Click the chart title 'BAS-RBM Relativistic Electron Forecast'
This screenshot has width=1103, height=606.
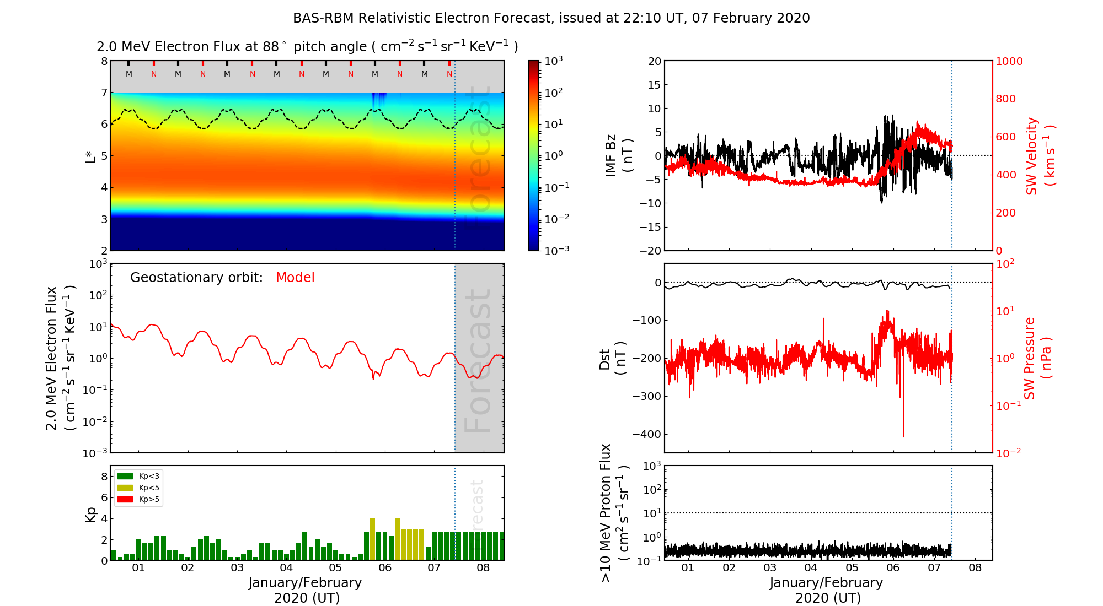[x=422, y=18]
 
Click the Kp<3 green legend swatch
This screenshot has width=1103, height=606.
[x=125, y=476]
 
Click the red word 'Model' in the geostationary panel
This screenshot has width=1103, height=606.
[x=295, y=278]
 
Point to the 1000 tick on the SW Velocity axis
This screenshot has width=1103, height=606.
[x=1009, y=61]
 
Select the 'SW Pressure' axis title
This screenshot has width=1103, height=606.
[x=1030, y=358]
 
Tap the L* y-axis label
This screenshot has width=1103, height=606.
[x=91, y=156]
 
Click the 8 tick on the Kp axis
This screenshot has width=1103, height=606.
[x=104, y=477]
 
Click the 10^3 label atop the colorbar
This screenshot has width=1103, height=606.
[x=554, y=61]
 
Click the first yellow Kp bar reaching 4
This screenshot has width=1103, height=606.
[x=373, y=539]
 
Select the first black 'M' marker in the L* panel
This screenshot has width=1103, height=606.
[x=129, y=74]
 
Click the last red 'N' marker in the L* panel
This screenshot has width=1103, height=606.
[x=449, y=74]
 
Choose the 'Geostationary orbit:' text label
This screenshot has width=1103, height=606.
[x=196, y=278]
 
